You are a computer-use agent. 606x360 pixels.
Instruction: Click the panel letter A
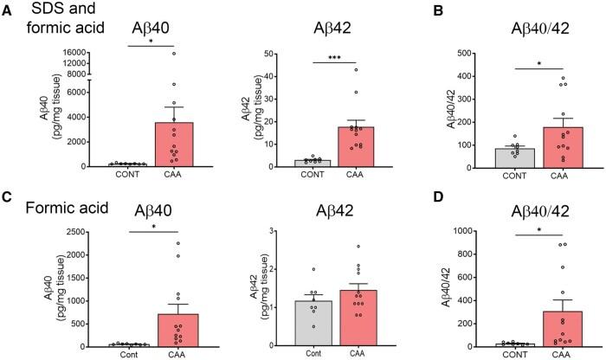tap(8, 9)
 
